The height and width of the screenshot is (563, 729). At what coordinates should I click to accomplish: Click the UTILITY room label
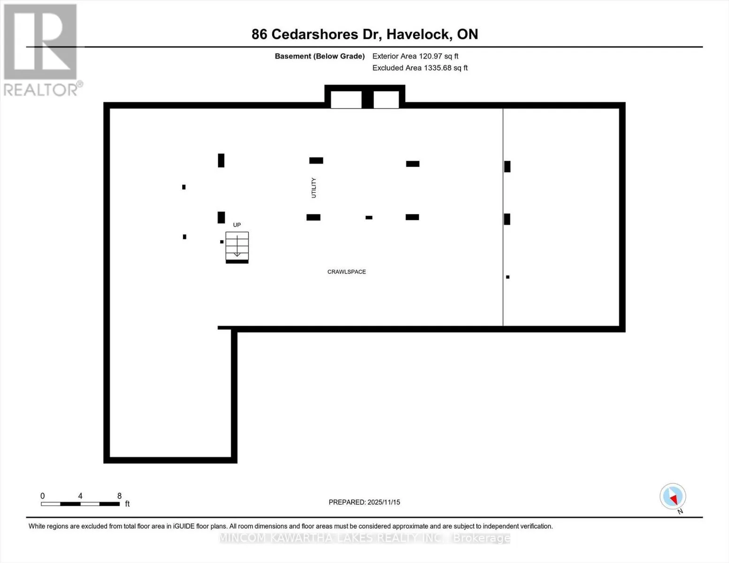coord(314,188)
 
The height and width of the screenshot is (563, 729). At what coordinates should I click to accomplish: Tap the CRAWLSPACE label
coord(346,272)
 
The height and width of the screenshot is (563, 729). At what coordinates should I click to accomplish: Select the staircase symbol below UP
coord(237,246)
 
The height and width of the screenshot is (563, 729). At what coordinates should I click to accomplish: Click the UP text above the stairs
coord(237,225)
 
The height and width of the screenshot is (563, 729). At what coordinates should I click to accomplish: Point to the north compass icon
coord(673,497)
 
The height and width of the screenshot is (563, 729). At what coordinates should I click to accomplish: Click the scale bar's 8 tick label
coord(119,496)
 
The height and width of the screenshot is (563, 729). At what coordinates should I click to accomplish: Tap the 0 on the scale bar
coord(43,496)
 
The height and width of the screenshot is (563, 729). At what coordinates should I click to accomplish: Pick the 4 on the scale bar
coord(80,496)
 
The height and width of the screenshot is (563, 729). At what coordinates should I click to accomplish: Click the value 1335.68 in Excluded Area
coord(437,68)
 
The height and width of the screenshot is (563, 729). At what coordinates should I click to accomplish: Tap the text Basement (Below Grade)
coord(320,56)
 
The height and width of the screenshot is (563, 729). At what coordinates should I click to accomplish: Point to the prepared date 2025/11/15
coord(384,502)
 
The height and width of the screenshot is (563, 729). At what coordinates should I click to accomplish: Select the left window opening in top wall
coord(346,100)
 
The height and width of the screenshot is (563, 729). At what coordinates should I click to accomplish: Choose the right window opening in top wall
coord(386,100)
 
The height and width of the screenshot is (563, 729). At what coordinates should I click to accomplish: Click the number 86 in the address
coord(259,34)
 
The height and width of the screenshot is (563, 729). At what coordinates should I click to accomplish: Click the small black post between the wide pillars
coord(369,217)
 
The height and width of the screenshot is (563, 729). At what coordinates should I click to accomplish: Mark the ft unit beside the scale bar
coord(127,504)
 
